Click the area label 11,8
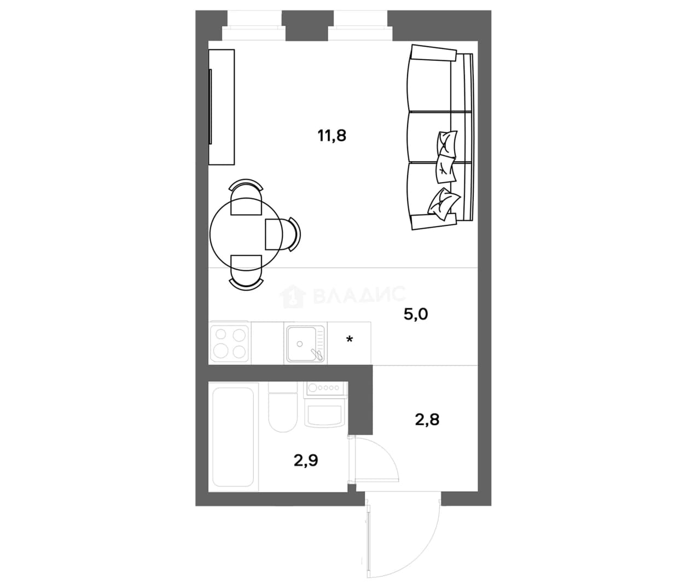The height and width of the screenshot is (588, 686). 332,136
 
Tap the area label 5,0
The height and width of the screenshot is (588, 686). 416,314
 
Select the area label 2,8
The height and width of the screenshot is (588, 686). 427,420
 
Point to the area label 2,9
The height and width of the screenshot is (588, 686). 306,461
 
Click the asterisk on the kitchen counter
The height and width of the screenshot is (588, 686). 349,340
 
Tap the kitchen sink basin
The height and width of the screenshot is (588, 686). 305,344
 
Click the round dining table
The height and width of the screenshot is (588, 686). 246,235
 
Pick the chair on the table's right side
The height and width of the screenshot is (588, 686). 283,234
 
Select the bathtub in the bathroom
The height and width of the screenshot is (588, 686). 233,437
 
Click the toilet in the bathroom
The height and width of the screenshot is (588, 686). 282,407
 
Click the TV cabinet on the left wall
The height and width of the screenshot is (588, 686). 222,107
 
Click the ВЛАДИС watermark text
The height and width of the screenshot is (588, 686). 358,294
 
